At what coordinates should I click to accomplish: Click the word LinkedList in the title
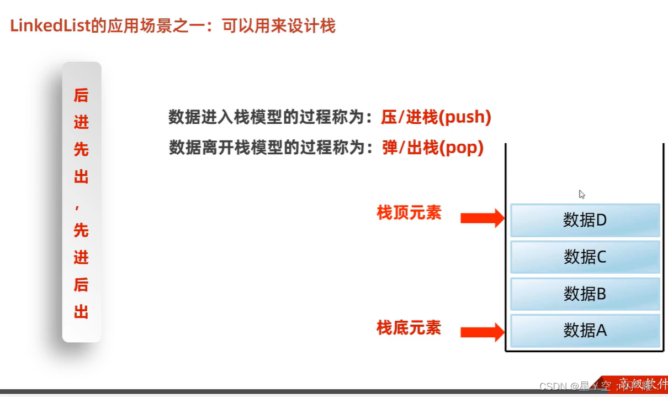(x=50, y=26)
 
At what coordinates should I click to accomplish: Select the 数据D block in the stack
(x=585, y=220)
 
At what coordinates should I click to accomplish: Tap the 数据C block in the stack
(x=585, y=257)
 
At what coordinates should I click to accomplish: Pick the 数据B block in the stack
(x=585, y=294)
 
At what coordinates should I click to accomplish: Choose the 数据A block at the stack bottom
(x=585, y=331)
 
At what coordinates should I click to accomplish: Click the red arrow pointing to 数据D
(x=482, y=218)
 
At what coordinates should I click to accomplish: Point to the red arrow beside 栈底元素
(x=482, y=332)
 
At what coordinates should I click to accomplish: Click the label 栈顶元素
(x=409, y=213)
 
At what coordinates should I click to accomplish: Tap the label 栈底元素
(x=409, y=328)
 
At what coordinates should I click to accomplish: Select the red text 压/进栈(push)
(x=436, y=117)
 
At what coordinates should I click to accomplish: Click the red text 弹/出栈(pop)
(x=432, y=148)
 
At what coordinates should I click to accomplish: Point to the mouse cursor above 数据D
(x=581, y=194)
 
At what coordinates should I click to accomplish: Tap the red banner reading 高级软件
(x=640, y=385)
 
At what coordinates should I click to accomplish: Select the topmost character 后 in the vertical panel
(x=81, y=95)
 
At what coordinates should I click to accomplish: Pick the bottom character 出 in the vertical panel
(x=81, y=312)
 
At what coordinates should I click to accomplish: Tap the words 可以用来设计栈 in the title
(x=279, y=26)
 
